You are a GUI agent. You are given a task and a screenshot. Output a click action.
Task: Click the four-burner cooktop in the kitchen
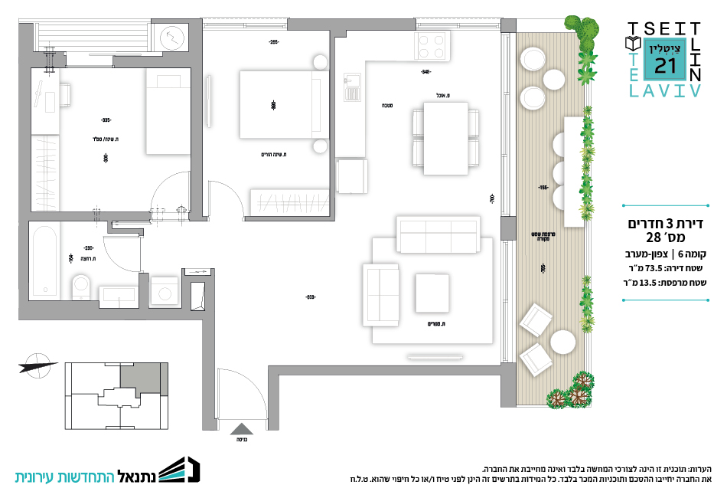pyautogui.click(x=431, y=48)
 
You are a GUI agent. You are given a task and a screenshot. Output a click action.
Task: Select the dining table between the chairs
pyautogui.click(x=445, y=139)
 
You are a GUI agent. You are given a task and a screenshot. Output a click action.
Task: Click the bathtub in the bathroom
pyautogui.click(x=45, y=260)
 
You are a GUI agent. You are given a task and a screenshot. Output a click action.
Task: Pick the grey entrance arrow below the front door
pyautogui.click(x=240, y=432)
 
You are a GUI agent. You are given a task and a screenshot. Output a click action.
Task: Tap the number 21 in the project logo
pyautogui.click(x=666, y=67)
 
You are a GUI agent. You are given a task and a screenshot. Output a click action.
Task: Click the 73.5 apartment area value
pyautogui.click(x=654, y=267)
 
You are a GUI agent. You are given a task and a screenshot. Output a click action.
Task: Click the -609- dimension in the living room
pyautogui.click(x=310, y=297)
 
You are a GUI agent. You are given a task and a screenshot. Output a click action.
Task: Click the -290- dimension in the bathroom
pyautogui.click(x=88, y=247)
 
